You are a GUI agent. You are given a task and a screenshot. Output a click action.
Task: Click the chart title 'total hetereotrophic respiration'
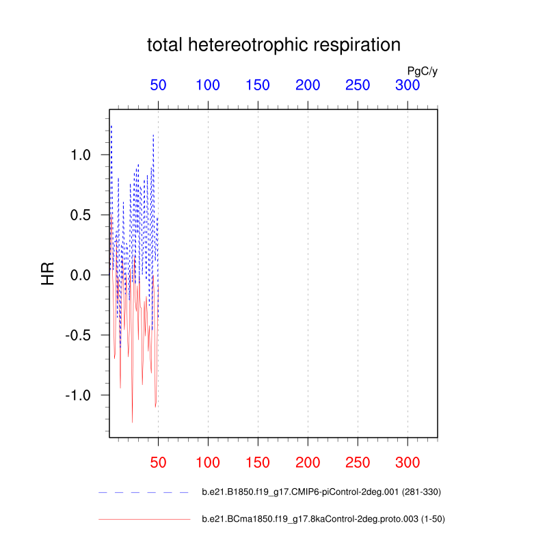pyautogui.click(x=273, y=46)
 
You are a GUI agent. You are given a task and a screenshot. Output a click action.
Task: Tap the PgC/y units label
pyautogui.click(x=422, y=70)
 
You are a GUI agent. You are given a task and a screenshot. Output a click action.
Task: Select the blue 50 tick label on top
pyautogui.click(x=158, y=85)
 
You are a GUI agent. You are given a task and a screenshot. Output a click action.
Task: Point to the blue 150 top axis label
pyautogui.click(x=258, y=85)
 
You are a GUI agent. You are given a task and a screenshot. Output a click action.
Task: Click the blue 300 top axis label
pyautogui.click(x=408, y=85)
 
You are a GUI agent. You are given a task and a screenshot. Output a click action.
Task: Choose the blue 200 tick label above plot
pyautogui.click(x=308, y=85)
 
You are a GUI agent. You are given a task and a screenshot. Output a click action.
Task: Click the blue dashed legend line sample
pyautogui.click(x=144, y=492)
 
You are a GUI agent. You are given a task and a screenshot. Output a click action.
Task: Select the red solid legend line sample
pyautogui.click(x=144, y=520)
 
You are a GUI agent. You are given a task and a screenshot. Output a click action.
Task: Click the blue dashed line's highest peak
pyautogui.click(x=111, y=126)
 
